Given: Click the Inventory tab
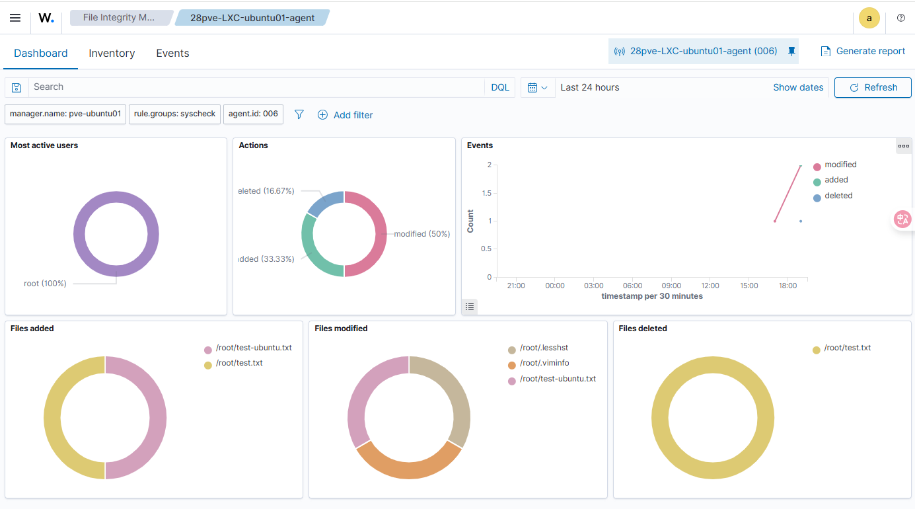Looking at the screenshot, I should (112, 54).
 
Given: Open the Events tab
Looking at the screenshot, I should (172, 54).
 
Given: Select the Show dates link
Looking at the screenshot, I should (798, 87).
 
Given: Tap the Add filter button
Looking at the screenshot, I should (345, 115).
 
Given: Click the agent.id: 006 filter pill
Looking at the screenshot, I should (253, 114).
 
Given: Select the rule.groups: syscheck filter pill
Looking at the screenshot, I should (174, 114).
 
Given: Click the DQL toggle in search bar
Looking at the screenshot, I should (500, 87).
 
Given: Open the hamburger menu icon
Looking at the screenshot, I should (15, 18).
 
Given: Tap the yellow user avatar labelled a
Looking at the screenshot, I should (869, 19).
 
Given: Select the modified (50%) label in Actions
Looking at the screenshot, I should (421, 234).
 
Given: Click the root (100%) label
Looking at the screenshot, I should (45, 284).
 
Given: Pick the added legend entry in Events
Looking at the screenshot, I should (836, 180).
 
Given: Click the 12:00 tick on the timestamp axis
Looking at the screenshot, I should (710, 286).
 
